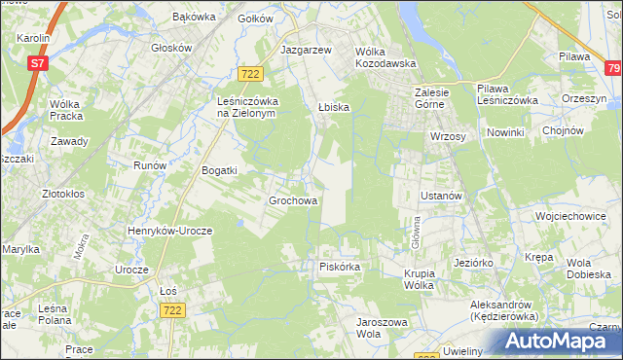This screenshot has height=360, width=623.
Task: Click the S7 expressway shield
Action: (x=37, y=63)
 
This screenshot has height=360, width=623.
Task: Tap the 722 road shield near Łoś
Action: (x=173, y=308)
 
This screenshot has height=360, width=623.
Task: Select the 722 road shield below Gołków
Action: (x=251, y=74)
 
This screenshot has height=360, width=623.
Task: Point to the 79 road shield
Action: (x=612, y=68)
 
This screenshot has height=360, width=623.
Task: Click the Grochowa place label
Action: (x=293, y=201)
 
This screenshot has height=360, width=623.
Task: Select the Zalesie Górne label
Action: (x=429, y=98)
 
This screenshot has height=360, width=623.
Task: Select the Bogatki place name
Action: (x=219, y=170)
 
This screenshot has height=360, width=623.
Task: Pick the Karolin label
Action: (x=33, y=37)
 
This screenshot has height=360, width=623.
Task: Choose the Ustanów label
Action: (x=440, y=196)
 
